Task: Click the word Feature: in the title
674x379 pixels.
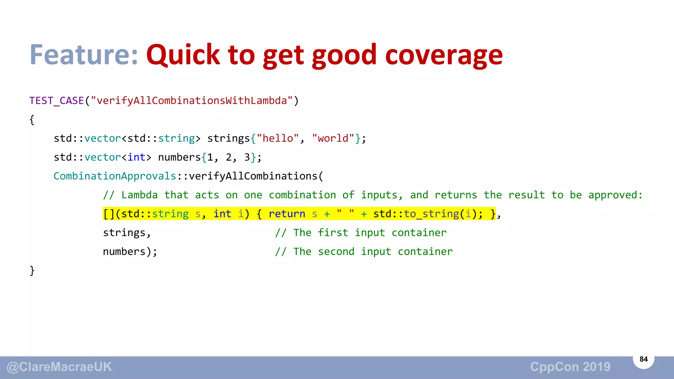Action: [x=84, y=55]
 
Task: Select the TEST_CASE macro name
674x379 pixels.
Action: [x=57, y=101]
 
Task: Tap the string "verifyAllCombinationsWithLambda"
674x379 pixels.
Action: [x=192, y=101]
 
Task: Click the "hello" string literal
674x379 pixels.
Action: [x=278, y=139]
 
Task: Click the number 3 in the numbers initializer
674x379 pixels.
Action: [x=247, y=157]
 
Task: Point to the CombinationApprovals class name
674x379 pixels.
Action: [x=115, y=176]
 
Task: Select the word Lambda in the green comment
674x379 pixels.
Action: [x=140, y=195]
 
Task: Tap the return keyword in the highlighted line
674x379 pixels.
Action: [x=287, y=214]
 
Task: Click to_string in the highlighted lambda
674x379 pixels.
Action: [x=431, y=214]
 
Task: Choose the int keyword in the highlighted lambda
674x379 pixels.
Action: [x=222, y=214]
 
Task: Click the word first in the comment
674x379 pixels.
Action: [x=333, y=233]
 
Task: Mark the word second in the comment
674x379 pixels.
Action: [x=336, y=252]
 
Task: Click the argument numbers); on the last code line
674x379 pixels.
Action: [x=130, y=252]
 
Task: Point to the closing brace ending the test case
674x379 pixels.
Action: [x=32, y=270]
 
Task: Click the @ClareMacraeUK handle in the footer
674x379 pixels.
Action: [x=60, y=367]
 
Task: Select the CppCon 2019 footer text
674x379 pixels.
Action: [x=570, y=367]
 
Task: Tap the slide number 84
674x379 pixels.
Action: [x=643, y=359]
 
